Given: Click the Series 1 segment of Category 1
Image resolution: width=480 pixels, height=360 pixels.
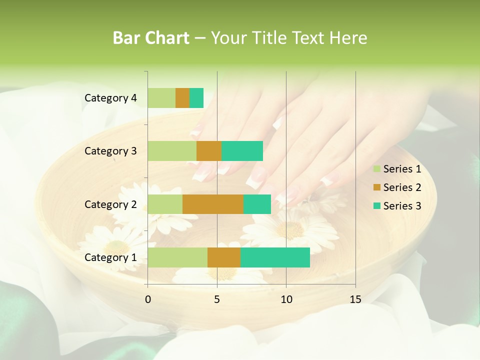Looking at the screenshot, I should tap(177, 257).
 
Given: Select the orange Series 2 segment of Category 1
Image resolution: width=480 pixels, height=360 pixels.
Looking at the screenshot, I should tap(224, 257).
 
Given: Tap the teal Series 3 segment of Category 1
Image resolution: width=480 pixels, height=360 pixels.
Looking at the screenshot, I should tap(275, 257).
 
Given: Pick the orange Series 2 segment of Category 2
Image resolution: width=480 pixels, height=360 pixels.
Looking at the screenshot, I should tap(213, 204).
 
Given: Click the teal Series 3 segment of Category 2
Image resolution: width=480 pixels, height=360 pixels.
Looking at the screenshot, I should tap(257, 204).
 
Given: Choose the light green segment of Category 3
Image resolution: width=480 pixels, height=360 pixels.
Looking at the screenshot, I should tap(172, 151).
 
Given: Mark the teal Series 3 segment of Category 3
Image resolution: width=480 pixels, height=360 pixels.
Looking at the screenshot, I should tap(242, 151).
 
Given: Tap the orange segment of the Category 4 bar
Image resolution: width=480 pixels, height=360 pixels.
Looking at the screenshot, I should tap(182, 98).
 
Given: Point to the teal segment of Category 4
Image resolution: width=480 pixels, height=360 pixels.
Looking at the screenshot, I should tap(196, 98).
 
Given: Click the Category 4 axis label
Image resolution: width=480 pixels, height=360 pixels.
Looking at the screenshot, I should tap(110, 98).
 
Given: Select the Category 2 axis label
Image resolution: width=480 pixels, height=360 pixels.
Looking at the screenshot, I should tap(110, 204).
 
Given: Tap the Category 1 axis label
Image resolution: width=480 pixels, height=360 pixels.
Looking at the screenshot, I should tap(110, 257).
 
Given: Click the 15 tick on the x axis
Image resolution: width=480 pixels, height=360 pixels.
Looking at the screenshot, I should tap(355, 299).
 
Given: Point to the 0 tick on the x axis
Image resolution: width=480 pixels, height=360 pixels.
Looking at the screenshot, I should tap(147, 299).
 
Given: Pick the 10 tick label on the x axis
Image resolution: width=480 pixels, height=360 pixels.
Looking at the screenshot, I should tap(286, 299).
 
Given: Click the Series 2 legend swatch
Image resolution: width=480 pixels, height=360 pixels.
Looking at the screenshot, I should tap(376, 187).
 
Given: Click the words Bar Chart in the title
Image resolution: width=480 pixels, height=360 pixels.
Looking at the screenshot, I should tap(151, 38).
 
